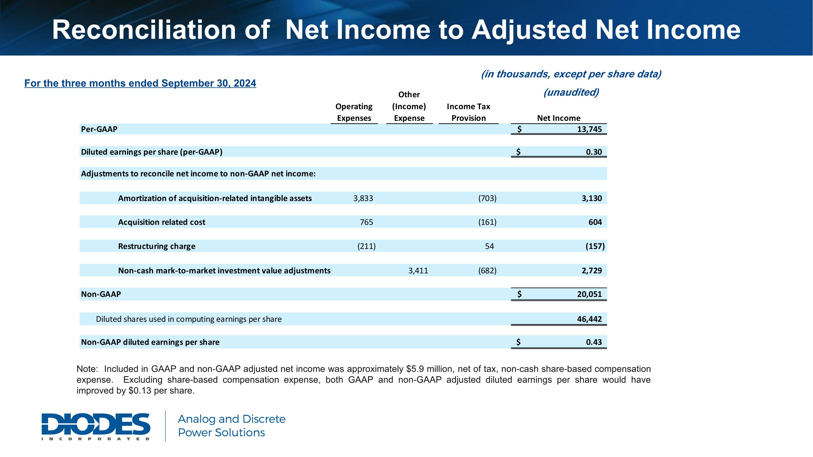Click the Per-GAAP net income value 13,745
pos(589,129)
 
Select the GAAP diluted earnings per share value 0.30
pos(594,152)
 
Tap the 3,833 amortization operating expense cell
pos(363,198)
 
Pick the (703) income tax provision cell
pos(487,198)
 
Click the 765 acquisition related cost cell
pos(366,222)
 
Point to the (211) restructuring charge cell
pos(366,246)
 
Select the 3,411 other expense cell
pos(418,271)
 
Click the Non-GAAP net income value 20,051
pos(589,294)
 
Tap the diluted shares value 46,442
pos(589,319)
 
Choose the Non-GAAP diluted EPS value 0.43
pos(594,342)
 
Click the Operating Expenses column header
pos(354,112)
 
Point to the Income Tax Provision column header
pos(468,112)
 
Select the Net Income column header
pos(559,118)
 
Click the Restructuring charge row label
pos(157,246)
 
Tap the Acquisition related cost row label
pos(162,222)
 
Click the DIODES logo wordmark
pos(96,424)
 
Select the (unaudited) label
pos(571,92)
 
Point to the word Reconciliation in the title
pos(144,30)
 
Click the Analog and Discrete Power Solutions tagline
pos(231,426)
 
